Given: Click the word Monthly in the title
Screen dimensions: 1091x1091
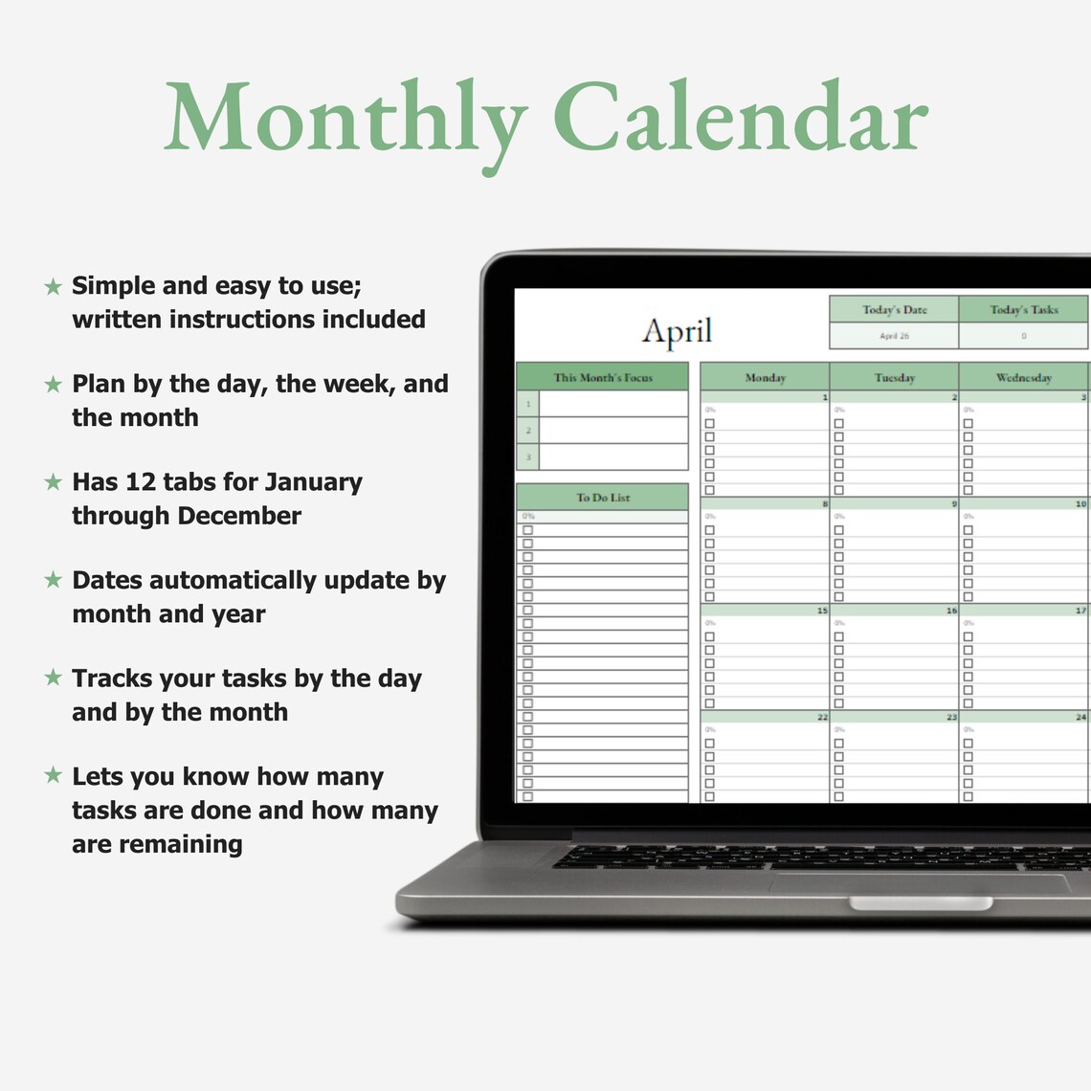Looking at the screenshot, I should pos(345,119).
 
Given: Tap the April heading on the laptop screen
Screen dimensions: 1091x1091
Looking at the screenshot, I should pos(677,331).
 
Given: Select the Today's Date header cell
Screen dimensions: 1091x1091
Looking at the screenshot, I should pos(894,309).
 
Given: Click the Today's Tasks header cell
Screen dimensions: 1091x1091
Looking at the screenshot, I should pos(1023,309).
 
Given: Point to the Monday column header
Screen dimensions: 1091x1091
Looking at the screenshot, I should pos(765,377).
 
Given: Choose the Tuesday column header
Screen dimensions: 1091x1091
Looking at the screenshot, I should pos(894,377).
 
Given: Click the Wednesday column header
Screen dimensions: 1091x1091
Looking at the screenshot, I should pos(1023,377).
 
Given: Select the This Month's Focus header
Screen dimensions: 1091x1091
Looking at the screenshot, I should pos(602,377).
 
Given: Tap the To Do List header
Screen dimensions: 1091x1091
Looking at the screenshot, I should pos(602,498).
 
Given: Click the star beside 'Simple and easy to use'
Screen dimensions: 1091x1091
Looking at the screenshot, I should pos(54,286).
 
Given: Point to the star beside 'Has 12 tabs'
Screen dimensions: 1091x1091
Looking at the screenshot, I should pos(54,482).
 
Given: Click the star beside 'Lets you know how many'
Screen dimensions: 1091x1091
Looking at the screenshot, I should pos(54,775).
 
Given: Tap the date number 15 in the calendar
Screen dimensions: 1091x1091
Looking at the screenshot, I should pos(822,610).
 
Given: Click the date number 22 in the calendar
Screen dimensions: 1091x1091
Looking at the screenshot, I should pos(822,717).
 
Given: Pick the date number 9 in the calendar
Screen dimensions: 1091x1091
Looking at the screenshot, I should pos(953,503).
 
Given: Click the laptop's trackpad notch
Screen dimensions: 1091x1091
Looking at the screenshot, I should pos(920,903).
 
